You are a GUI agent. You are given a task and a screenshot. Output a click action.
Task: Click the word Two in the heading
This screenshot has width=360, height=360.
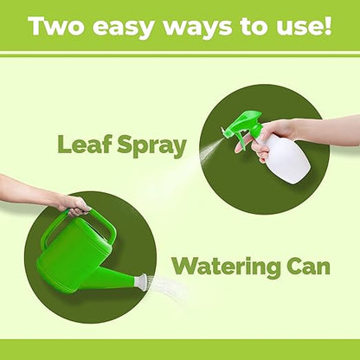click(56, 25)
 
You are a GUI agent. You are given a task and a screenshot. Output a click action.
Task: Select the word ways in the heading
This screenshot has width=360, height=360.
click(197, 29)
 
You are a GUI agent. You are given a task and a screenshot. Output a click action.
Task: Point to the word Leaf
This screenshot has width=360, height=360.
click(85, 144)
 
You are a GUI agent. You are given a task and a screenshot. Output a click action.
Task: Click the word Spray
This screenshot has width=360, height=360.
click(151, 145)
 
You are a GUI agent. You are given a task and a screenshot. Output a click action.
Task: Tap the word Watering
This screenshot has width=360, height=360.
click(226, 267)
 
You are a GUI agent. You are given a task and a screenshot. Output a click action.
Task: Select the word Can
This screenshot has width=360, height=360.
click(308, 266)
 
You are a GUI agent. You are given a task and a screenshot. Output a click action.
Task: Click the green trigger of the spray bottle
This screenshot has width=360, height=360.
click(241, 142)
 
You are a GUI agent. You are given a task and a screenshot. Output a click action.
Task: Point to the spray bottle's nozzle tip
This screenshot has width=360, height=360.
click(223, 131)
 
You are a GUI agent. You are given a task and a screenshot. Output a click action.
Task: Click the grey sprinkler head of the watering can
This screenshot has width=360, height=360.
click(142, 281)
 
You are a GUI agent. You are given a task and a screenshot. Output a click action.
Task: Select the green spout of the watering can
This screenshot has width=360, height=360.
click(115, 279)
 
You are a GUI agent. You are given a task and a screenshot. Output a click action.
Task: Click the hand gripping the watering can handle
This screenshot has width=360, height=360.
click(75, 206)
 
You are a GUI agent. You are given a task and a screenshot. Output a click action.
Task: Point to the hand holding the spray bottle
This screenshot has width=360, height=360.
click(271, 139)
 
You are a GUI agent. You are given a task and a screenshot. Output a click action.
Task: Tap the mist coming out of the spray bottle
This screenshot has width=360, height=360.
click(209, 151)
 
